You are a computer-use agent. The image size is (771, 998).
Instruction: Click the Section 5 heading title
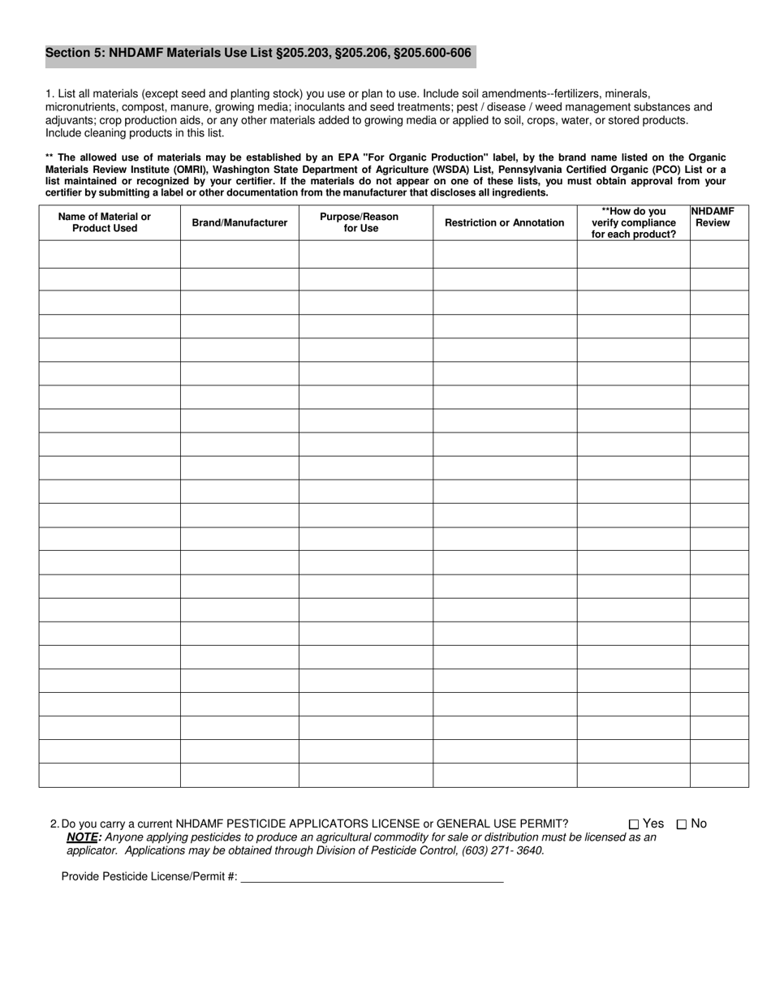click(x=258, y=54)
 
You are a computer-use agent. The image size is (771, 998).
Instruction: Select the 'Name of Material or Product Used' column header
click(x=105, y=222)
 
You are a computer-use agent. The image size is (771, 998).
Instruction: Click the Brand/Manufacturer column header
click(x=239, y=222)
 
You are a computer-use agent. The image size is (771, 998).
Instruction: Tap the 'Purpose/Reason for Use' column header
click(x=360, y=222)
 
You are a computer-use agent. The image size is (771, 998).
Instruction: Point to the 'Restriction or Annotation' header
click(x=504, y=222)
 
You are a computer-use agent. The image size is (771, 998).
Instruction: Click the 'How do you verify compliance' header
click(x=633, y=222)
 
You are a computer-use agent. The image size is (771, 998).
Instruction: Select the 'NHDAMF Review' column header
click(x=713, y=217)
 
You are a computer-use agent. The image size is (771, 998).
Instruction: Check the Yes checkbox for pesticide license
click(x=634, y=824)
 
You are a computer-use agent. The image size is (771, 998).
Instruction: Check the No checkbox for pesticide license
click(x=682, y=824)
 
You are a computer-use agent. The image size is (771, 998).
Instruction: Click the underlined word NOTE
click(x=82, y=837)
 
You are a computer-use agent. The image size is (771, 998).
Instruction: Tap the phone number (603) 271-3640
click(x=503, y=851)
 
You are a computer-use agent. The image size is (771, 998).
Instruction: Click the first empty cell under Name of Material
click(x=110, y=254)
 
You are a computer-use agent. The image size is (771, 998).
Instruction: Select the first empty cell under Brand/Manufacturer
click(x=239, y=254)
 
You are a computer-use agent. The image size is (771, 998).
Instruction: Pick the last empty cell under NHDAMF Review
click(x=719, y=775)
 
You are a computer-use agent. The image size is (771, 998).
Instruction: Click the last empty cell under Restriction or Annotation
click(x=505, y=775)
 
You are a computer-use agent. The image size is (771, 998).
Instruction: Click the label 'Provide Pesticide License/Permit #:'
click(x=149, y=876)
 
